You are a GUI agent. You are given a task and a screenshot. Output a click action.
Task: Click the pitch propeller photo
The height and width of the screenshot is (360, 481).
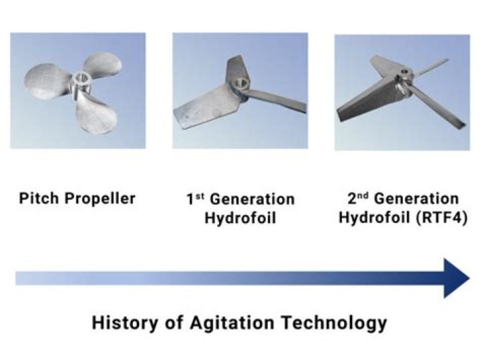(x=77, y=90)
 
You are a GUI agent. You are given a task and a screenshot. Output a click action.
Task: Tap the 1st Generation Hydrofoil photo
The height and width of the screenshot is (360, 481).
(x=240, y=90)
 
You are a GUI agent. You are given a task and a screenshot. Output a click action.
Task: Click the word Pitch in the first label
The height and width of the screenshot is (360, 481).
(x=37, y=198)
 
